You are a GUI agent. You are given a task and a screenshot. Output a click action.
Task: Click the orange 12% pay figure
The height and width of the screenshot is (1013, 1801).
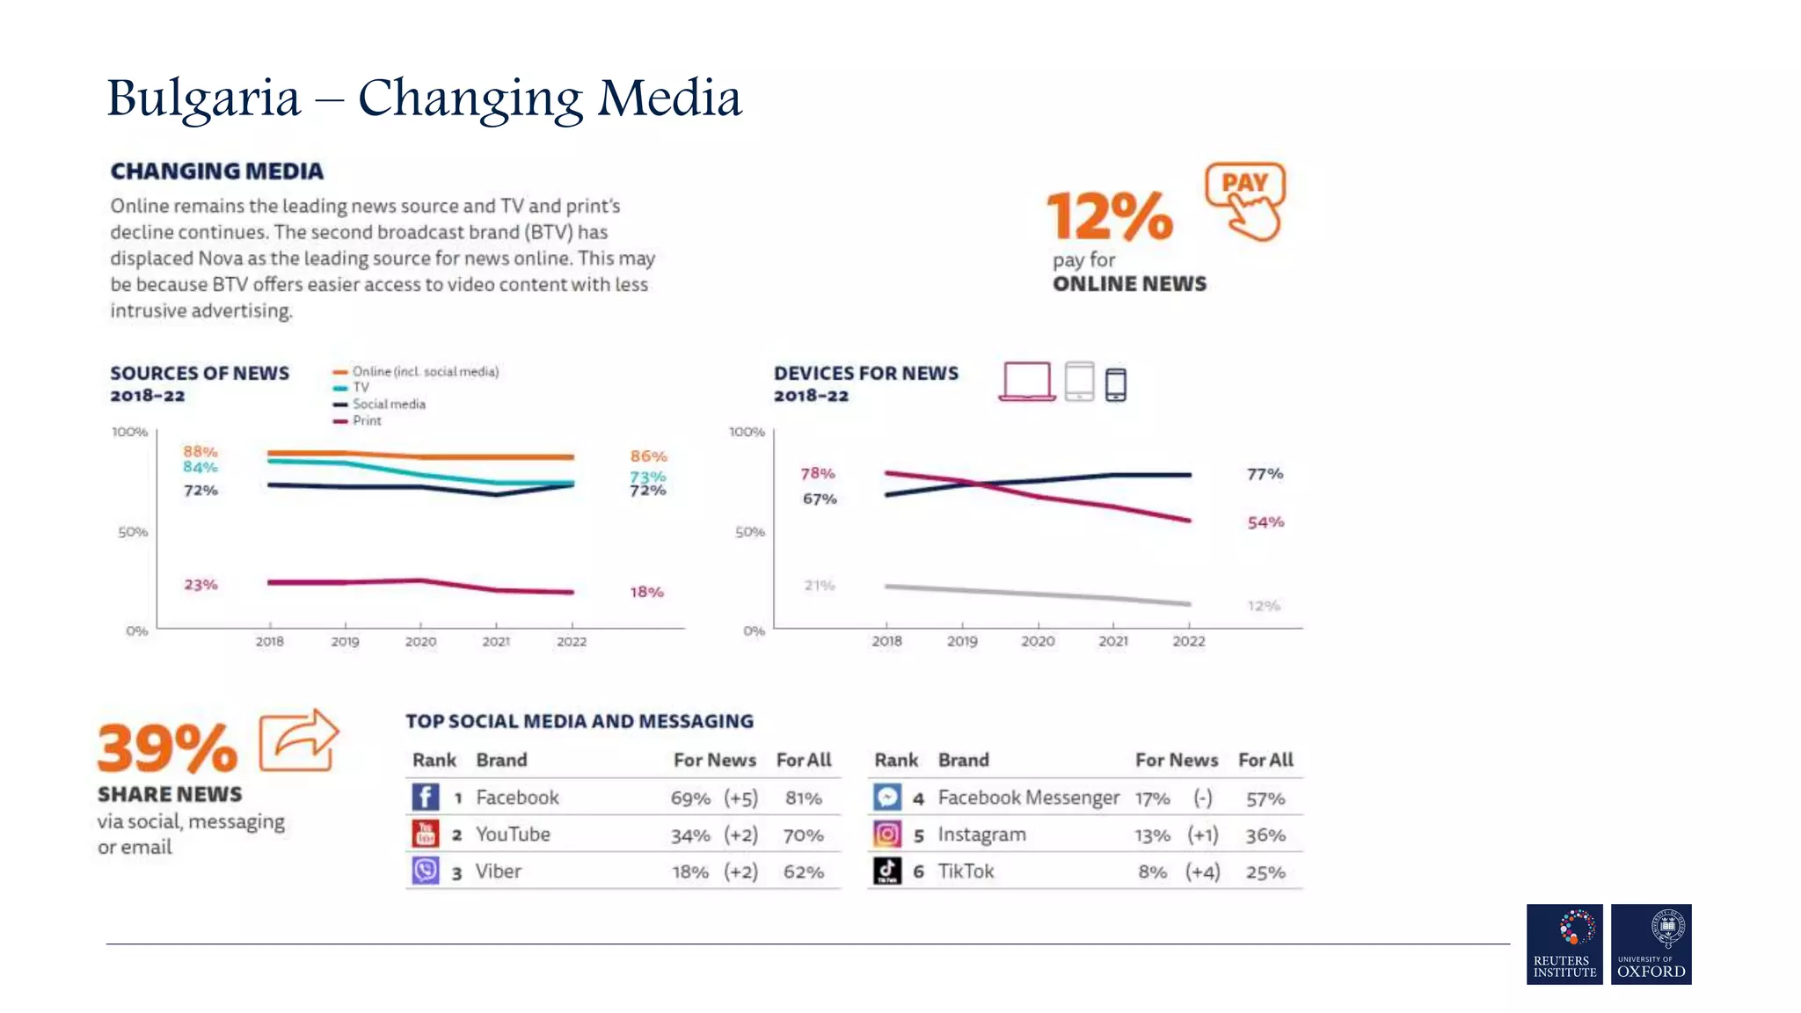click(x=1109, y=216)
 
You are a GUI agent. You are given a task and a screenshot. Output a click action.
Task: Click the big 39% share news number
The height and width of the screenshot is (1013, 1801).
click(x=167, y=748)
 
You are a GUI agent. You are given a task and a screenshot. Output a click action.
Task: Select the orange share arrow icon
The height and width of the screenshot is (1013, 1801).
click(x=299, y=740)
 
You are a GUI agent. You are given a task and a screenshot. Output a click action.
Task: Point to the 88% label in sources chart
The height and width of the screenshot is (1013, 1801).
click(x=200, y=451)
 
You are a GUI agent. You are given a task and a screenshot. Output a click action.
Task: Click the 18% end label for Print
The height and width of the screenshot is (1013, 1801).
click(x=646, y=593)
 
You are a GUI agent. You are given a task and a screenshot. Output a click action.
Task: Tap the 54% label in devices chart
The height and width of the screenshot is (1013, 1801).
click(x=1265, y=522)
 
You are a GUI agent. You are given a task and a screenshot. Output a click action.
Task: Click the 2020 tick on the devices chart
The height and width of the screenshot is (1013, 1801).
click(x=1038, y=641)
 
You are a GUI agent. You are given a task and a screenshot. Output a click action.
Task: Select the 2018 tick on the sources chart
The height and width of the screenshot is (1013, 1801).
click(x=270, y=641)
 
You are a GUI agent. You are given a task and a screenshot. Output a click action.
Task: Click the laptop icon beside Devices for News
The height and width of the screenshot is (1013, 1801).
click(x=1026, y=382)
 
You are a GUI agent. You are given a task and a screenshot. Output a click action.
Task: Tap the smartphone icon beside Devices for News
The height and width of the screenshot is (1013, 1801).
click(x=1115, y=384)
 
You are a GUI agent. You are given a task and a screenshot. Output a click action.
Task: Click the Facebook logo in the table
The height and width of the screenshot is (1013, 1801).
click(x=426, y=798)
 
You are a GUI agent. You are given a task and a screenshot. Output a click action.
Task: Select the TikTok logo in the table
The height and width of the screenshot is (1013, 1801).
click(x=887, y=871)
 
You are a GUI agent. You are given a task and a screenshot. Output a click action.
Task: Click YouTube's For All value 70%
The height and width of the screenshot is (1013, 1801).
click(x=803, y=835)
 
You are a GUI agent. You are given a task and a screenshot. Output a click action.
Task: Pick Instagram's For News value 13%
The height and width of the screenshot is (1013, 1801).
click(x=1152, y=835)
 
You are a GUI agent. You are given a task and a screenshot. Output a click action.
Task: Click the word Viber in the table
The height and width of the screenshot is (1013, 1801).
click(x=499, y=871)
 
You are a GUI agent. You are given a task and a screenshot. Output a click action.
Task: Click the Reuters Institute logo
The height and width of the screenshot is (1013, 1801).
click(x=1564, y=944)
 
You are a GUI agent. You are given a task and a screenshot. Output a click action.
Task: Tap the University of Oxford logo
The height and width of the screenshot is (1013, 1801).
click(x=1651, y=944)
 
